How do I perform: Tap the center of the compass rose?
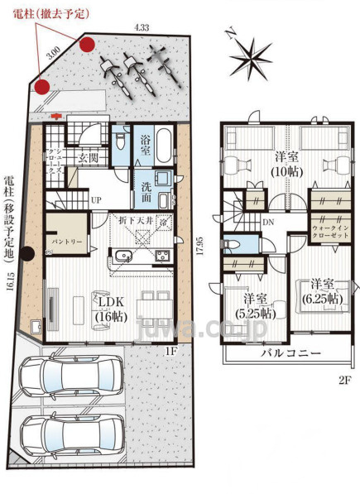(254, 58)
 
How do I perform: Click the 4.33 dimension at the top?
(141, 27)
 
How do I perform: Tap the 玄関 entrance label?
(89, 157)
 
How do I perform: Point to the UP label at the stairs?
(96, 201)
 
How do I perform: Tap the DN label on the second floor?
(268, 223)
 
